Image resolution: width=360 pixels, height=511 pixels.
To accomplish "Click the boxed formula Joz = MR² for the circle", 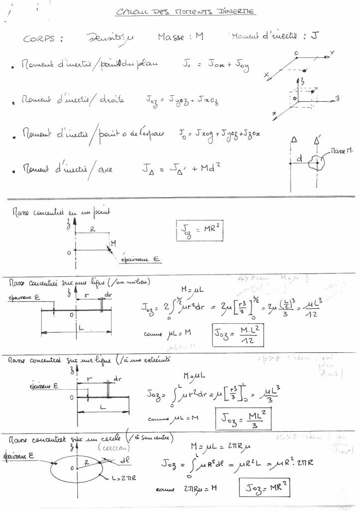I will pos(265,486).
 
